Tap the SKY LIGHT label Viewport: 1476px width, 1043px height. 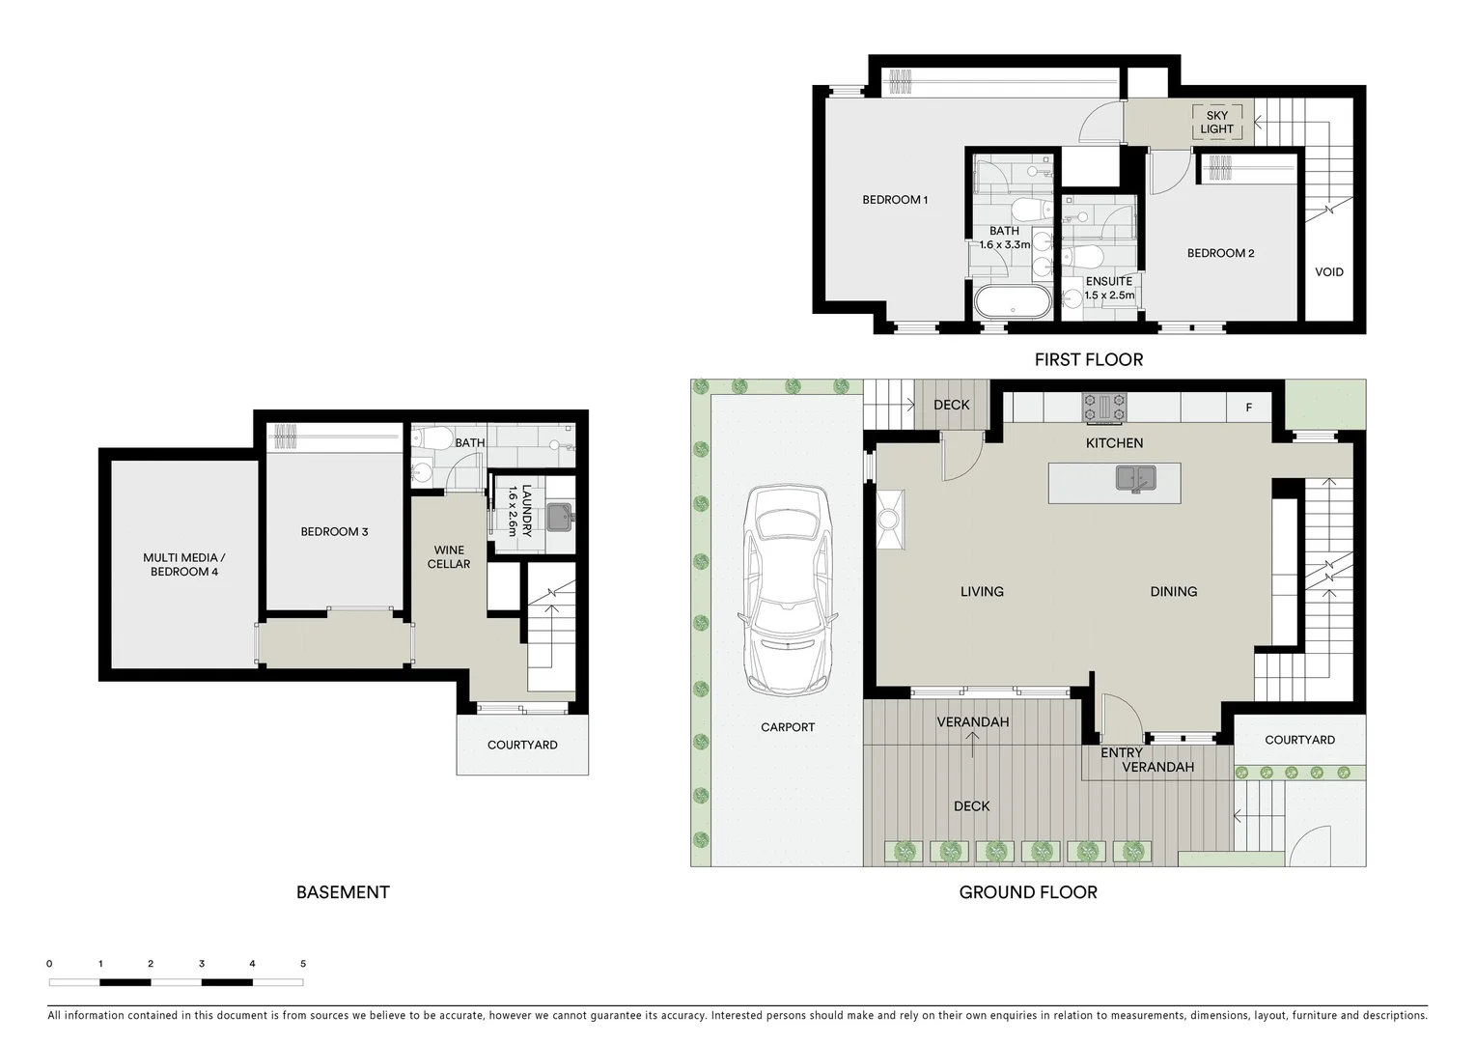[1216, 122]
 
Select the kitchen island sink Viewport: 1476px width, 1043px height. [1135, 478]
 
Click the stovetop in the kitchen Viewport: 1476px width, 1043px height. [1104, 408]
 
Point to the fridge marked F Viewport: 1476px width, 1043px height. [1248, 408]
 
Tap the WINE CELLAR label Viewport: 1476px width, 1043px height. [449, 557]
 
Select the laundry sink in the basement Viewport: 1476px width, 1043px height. [559, 518]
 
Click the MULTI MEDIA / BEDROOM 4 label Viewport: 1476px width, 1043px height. [184, 564]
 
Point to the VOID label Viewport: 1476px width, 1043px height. [1328, 271]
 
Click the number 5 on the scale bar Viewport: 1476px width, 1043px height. [303, 964]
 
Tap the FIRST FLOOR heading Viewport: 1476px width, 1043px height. [1088, 359]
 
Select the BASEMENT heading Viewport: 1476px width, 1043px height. [343, 892]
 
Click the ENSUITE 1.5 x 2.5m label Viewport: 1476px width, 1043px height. [1109, 288]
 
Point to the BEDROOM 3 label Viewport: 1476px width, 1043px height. [334, 531]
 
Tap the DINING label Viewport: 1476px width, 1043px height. [1173, 591]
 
